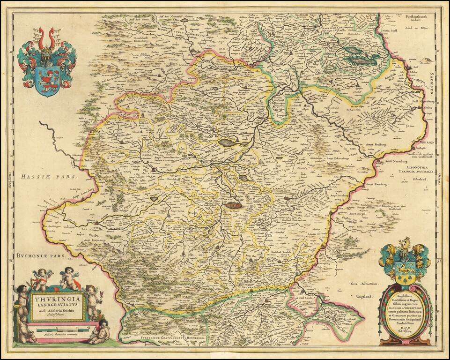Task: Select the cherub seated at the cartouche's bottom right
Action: point(100,331)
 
